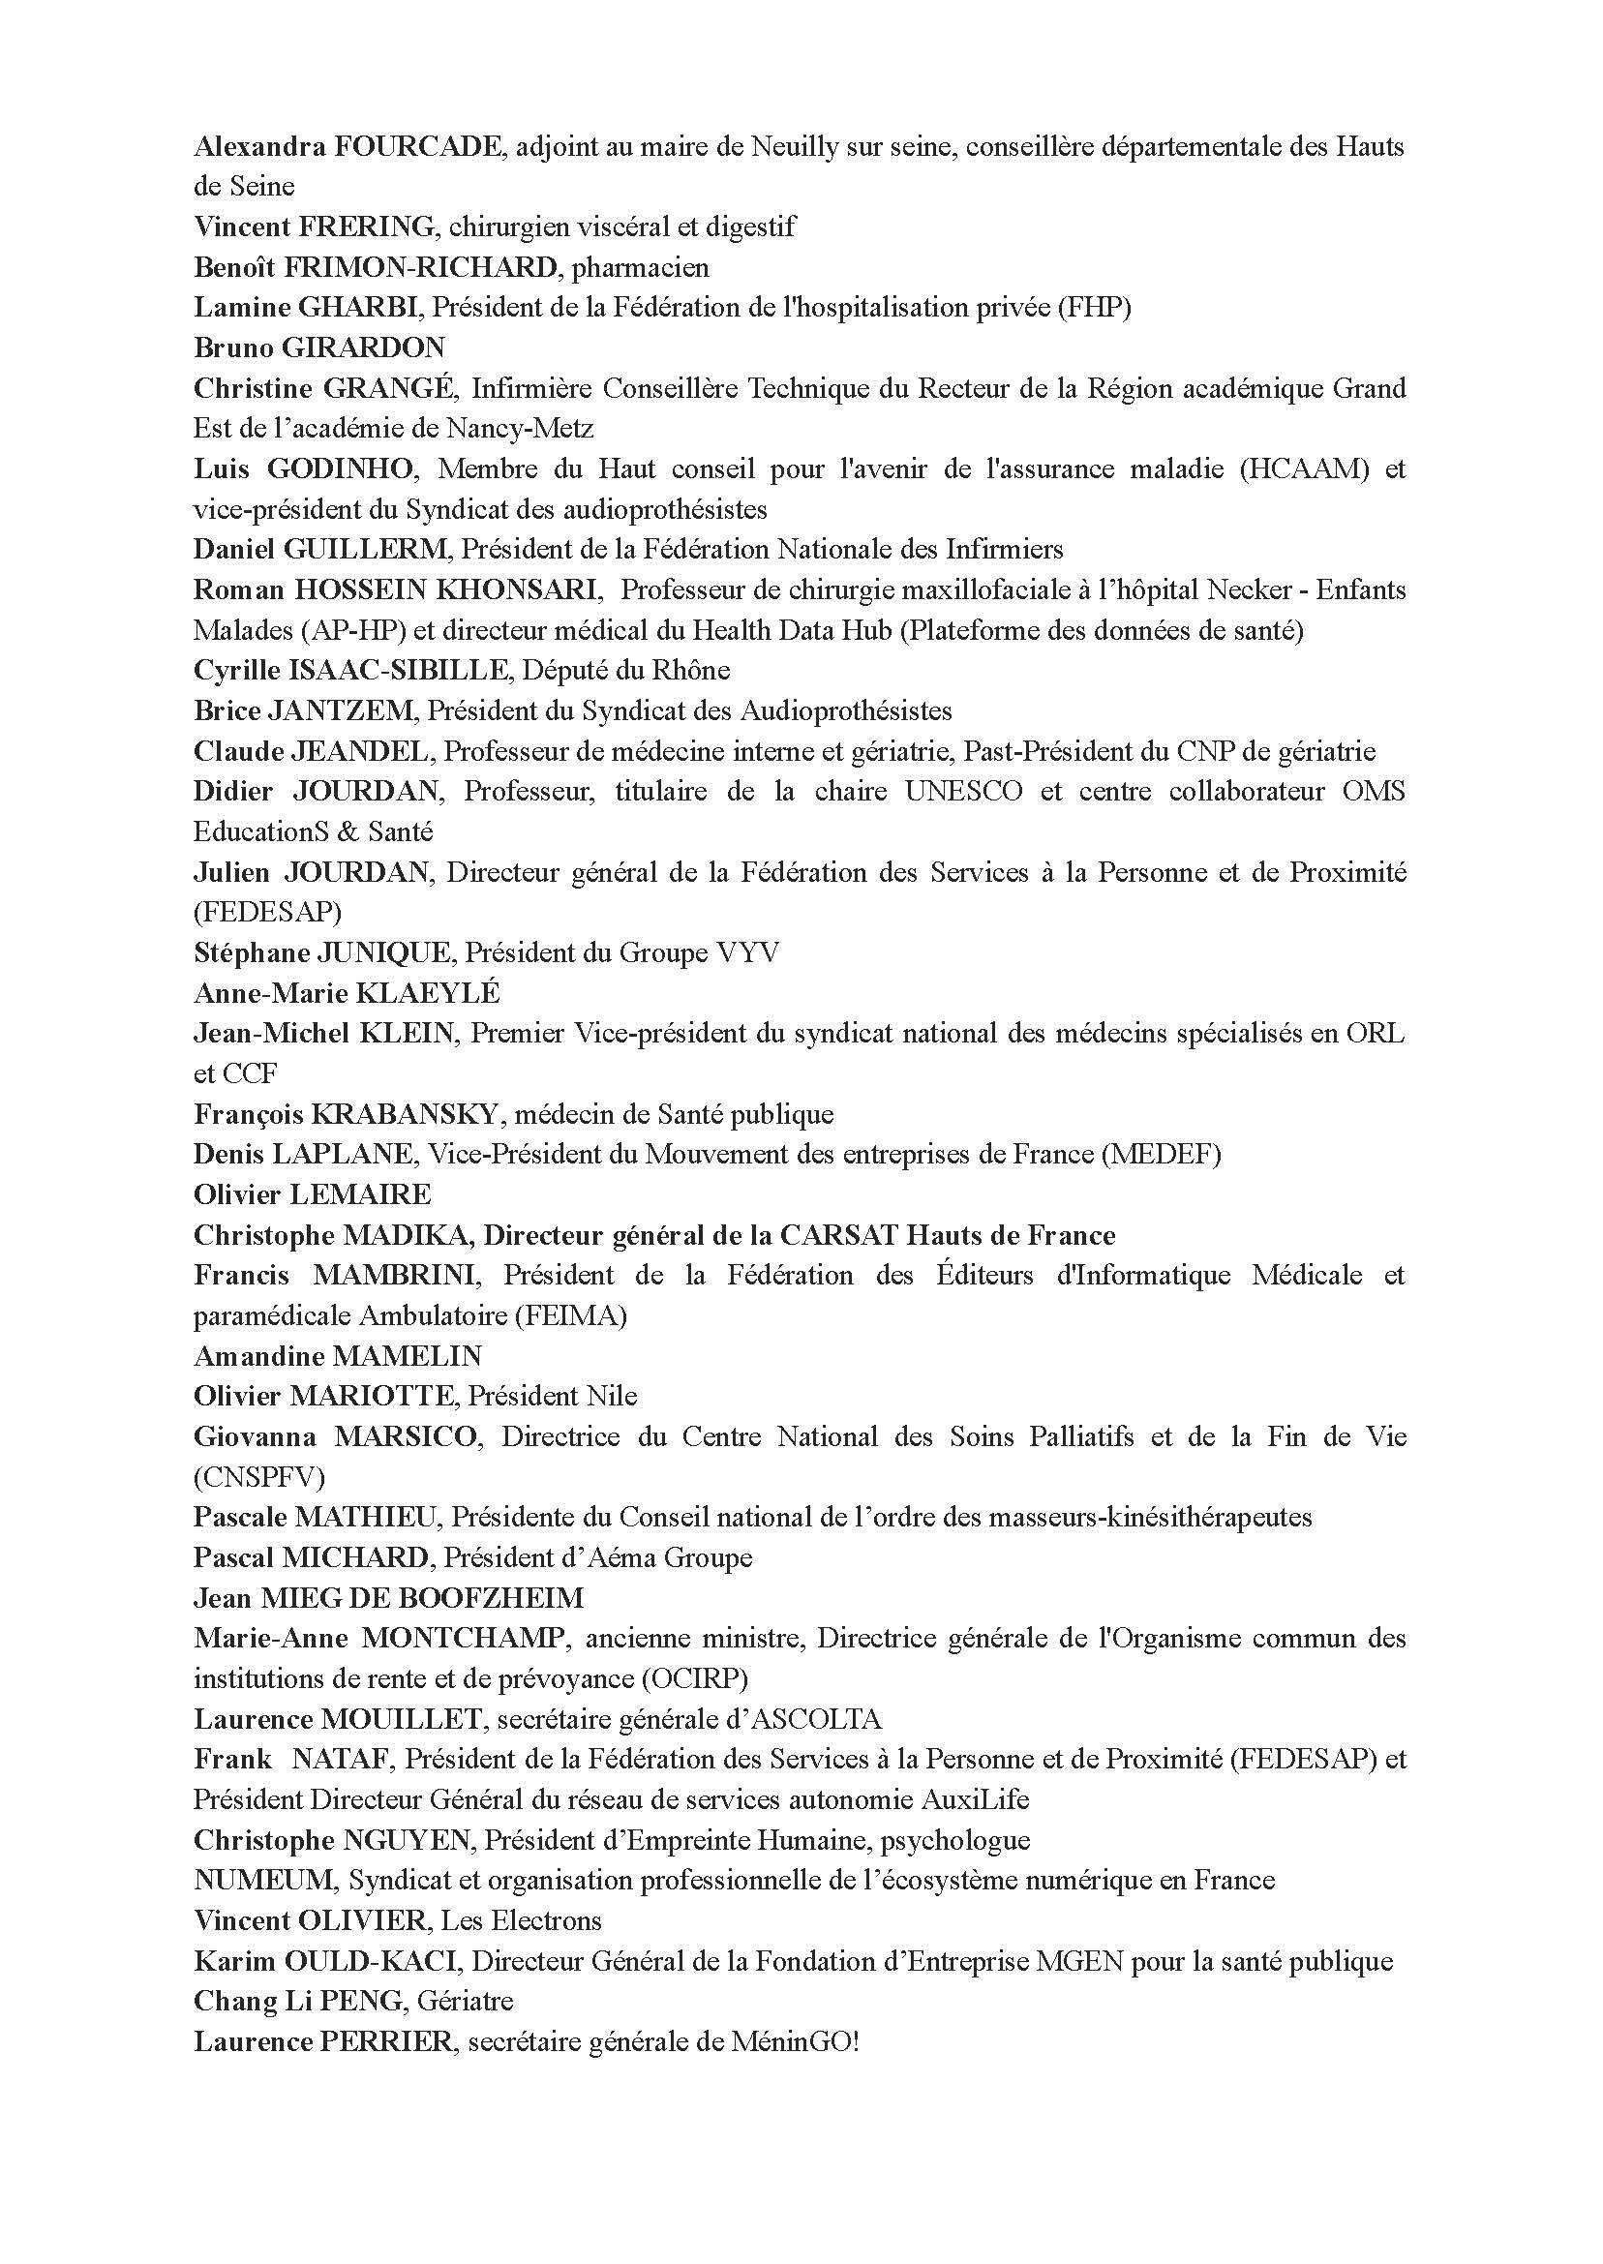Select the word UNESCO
[963, 792]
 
